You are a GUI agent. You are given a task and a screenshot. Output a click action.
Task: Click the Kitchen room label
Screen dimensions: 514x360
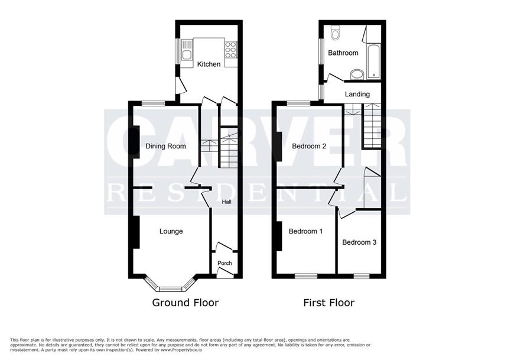point(209,64)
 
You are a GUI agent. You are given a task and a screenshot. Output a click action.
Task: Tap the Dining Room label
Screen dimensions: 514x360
point(165,146)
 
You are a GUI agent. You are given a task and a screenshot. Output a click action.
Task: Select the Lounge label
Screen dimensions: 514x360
point(171,232)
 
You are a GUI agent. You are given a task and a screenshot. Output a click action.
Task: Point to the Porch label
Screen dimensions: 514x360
point(225,263)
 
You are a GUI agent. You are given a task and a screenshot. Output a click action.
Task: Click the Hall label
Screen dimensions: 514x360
point(226,202)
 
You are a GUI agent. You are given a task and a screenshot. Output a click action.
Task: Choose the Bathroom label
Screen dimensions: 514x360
point(343,53)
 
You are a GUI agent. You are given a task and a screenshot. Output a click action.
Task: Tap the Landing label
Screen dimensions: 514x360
point(357,95)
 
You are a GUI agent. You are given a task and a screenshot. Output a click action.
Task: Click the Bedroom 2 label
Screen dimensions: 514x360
point(309,146)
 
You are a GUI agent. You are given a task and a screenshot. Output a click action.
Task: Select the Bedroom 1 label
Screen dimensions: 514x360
point(305,232)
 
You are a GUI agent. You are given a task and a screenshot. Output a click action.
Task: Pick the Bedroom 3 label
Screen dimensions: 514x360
point(359,242)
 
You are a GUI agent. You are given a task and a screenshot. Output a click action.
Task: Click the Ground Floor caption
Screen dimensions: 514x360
point(185,302)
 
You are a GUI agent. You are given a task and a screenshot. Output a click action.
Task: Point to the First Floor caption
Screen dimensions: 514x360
point(329,302)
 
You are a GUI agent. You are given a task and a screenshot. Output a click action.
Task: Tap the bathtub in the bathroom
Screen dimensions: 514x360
point(374,61)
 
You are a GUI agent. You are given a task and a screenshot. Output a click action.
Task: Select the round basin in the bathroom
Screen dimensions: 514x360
point(357,74)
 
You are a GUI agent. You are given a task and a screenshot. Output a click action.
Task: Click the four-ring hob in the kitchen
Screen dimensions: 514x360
point(231,50)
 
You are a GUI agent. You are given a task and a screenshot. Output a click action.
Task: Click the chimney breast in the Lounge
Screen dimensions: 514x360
point(136,232)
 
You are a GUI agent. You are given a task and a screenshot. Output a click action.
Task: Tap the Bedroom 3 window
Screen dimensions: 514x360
point(362,276)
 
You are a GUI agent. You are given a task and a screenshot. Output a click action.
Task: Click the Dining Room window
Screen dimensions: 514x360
point(154,103)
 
